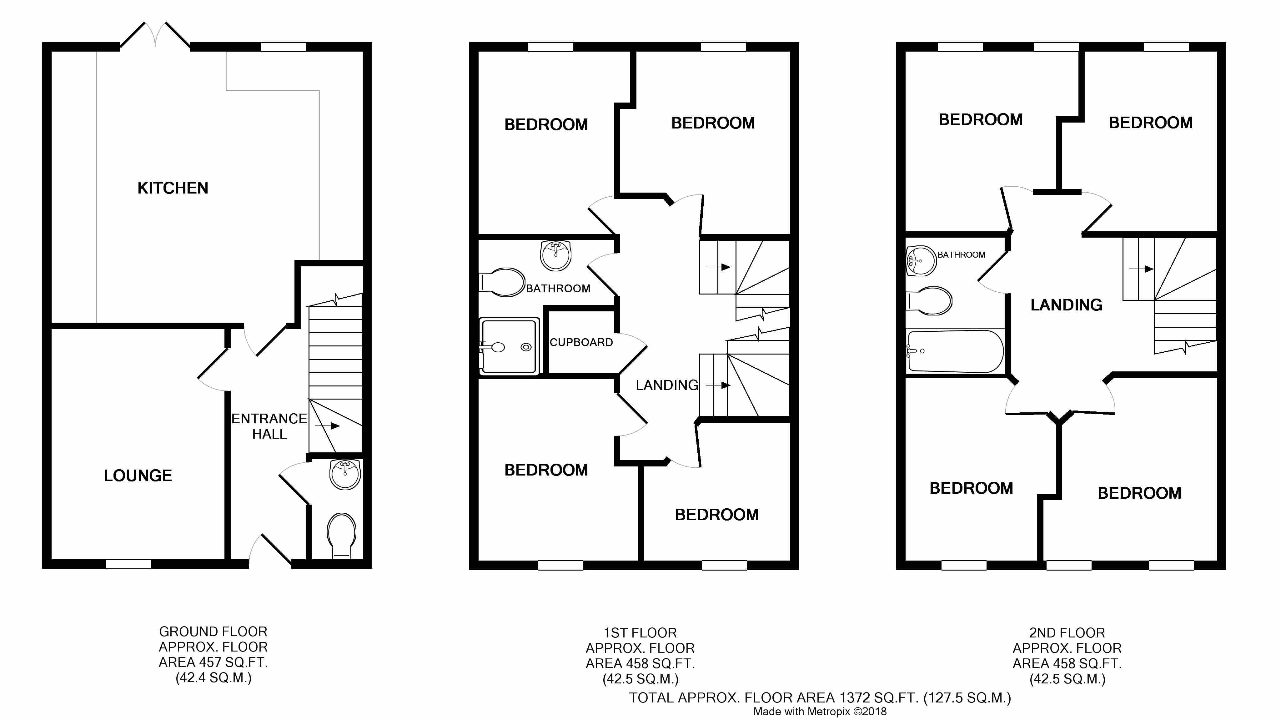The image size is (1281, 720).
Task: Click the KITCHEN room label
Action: tap(173, 188)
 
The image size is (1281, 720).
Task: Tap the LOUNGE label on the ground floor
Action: tap(138, 476)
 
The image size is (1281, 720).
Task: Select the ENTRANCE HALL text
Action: tap(269, 426)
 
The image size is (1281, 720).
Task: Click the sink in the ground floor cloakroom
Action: tap(344, 474)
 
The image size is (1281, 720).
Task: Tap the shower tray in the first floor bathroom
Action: tap(509, 347)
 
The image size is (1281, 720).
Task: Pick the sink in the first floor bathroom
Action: tap(555, 256)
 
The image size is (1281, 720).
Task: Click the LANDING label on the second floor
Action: tap(1066, 305)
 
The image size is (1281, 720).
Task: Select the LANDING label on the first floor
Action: tap(667, 385)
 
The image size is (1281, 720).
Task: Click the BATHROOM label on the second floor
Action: tap(961, 254)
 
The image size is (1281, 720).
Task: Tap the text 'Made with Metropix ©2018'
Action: tap(820, 712)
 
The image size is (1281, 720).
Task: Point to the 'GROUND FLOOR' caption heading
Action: tap(213, 632)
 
